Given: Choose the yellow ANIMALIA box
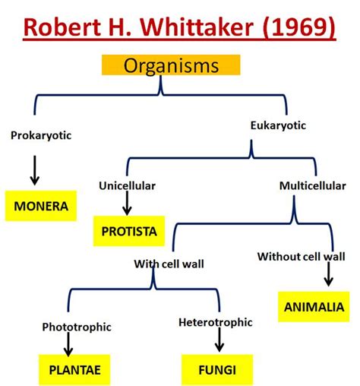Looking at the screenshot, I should (313, 306).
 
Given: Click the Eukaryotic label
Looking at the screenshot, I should (277, 126).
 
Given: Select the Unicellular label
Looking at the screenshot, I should (127, 185).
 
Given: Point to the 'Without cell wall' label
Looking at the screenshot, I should (306, 256).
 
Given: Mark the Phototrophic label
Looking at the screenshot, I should (77, 327).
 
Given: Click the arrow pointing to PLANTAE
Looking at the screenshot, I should (68, 345).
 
